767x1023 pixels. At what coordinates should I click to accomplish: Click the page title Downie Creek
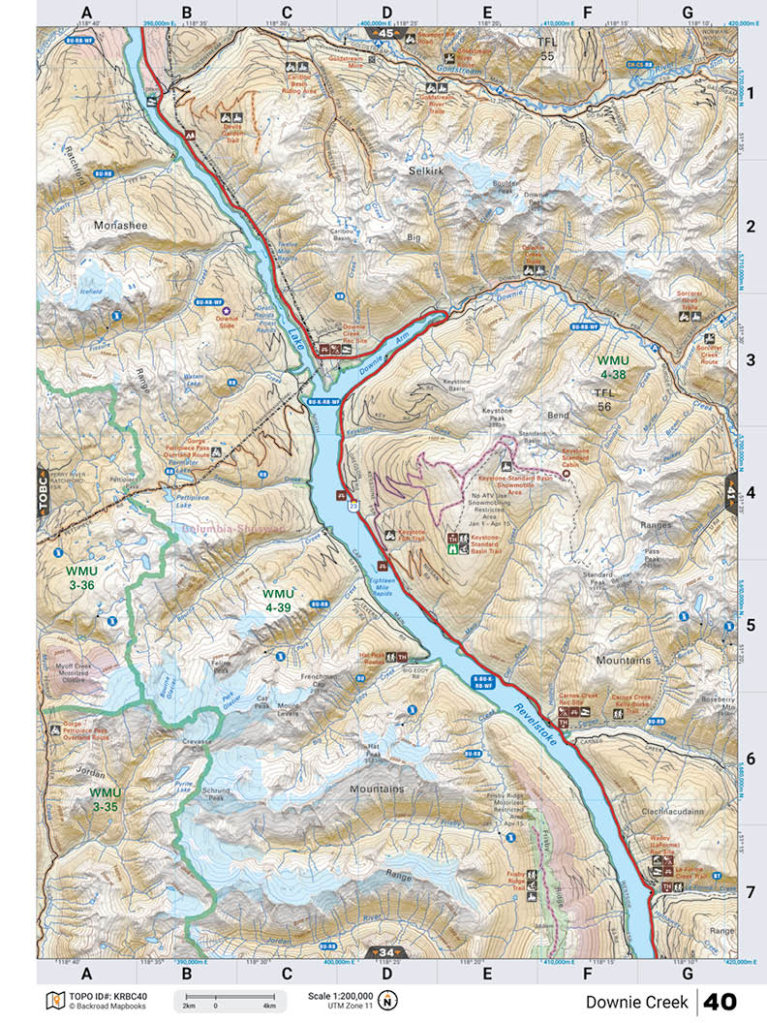[636, 1001]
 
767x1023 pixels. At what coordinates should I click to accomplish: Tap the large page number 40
[721, 1001]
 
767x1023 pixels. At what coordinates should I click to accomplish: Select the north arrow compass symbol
[387, 1000]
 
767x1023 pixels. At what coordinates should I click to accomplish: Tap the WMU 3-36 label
[80, 577]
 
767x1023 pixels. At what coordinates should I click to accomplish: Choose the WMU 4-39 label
[277, 600]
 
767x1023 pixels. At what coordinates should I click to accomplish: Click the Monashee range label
[120, 225]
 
